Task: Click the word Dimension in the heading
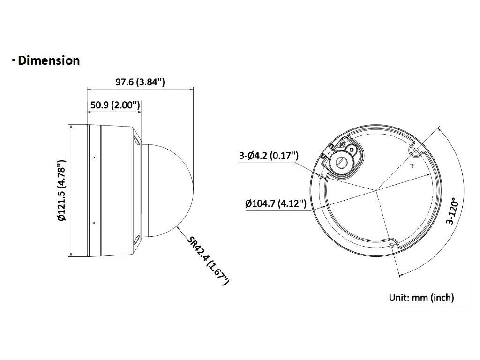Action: [49, 60]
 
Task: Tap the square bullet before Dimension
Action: [14, 60]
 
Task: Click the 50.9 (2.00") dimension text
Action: [115, 105]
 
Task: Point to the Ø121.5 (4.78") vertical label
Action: [60, 190]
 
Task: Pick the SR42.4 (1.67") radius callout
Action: [208, 261]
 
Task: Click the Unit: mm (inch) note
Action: [421, 297]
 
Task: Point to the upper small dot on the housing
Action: [93, 157]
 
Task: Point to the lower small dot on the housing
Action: [93, 223]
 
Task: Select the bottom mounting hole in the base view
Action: [391, 245]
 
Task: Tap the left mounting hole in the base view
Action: [321, 177]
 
